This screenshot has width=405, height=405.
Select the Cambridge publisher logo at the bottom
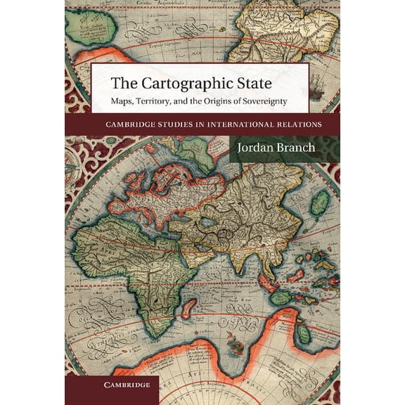coord(112,385)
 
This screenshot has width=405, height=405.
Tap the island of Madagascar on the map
coord(188,307)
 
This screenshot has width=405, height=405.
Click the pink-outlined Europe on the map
coord(162,193)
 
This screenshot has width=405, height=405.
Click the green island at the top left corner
coord(91,28)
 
